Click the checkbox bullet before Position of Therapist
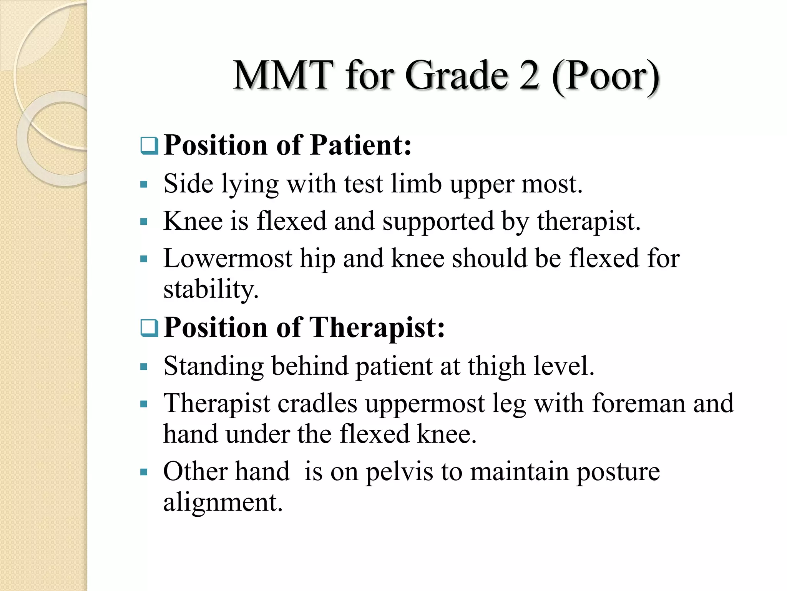(x=149, y=328)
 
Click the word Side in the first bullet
(x=188, y=184)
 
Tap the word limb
(x=416, y=184)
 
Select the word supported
(x=438, y=222)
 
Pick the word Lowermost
(x=227, y=258)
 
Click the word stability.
(x=211, y=289)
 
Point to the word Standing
(x=213, y=366)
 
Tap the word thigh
(x=496, y=366)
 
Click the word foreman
(x=638, y=404)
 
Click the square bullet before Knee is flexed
(x=144, y=222)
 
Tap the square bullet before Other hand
(x=144, y=472)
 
